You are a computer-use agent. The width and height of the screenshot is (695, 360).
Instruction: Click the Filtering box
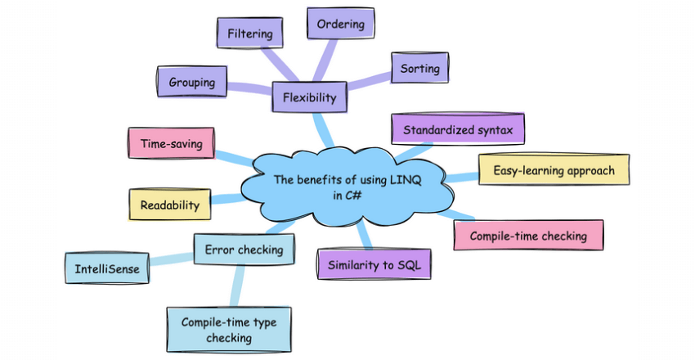[x=249, y=34]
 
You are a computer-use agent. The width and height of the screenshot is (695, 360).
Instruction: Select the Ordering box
[x=340, y=24]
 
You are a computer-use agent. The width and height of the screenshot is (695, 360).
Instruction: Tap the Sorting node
[x=420, y=69]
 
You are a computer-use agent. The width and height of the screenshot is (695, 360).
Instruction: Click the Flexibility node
[x=309, y=98]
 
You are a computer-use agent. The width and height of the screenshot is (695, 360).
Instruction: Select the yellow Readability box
[x=170, y=205]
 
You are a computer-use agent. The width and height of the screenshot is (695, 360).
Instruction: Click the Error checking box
[x=244, y=249]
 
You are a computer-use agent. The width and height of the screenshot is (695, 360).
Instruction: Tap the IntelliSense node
[x=106, y=268]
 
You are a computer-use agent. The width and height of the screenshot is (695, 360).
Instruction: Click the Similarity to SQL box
[x=374, y=265]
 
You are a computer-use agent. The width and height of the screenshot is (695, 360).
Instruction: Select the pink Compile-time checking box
[x=527, y=236]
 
